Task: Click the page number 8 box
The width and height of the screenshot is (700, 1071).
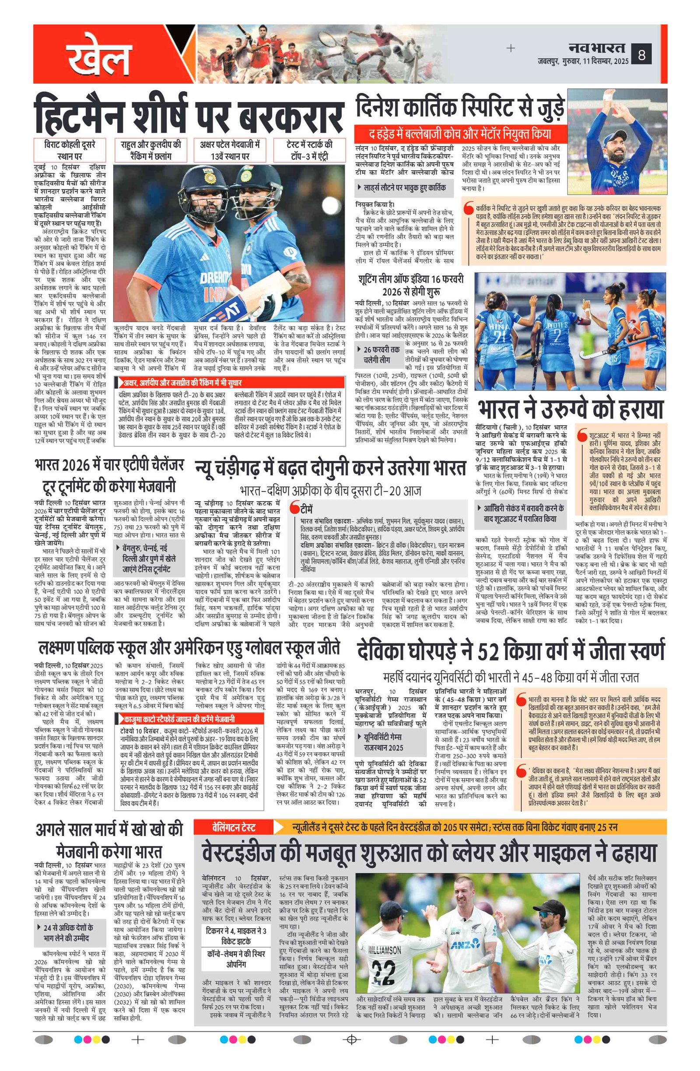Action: (x=641, y=55)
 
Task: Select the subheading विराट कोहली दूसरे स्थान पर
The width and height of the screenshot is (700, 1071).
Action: (x=70, y=150)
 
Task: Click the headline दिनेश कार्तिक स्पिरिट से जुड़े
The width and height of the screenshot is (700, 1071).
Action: (x=459, y=107)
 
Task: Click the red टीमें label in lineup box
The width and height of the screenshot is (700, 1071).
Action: (x=306, y=509)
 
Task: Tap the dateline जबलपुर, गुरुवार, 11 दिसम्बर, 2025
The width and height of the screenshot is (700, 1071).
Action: (x=583, y=61)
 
